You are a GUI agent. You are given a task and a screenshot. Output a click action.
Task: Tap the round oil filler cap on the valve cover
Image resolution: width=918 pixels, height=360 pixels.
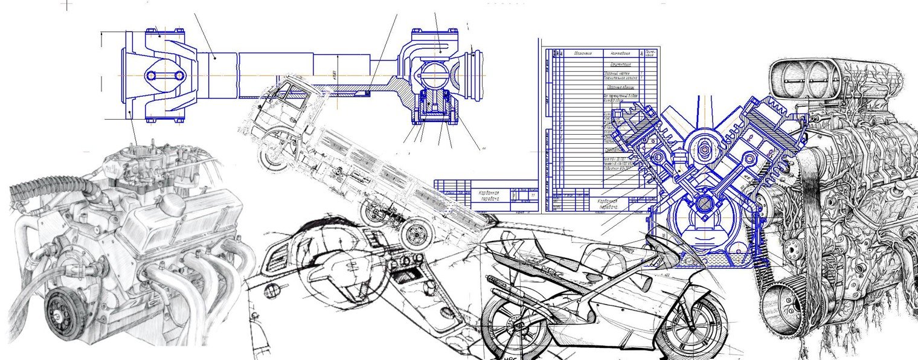coord(173,204)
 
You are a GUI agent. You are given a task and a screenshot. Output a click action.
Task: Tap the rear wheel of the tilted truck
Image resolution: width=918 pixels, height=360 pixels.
coord(415,234)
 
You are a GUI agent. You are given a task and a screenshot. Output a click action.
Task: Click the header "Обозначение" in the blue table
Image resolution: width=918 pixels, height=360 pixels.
coord(583,53)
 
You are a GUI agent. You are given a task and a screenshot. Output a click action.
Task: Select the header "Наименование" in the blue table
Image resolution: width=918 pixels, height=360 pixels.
coord(623,53)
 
